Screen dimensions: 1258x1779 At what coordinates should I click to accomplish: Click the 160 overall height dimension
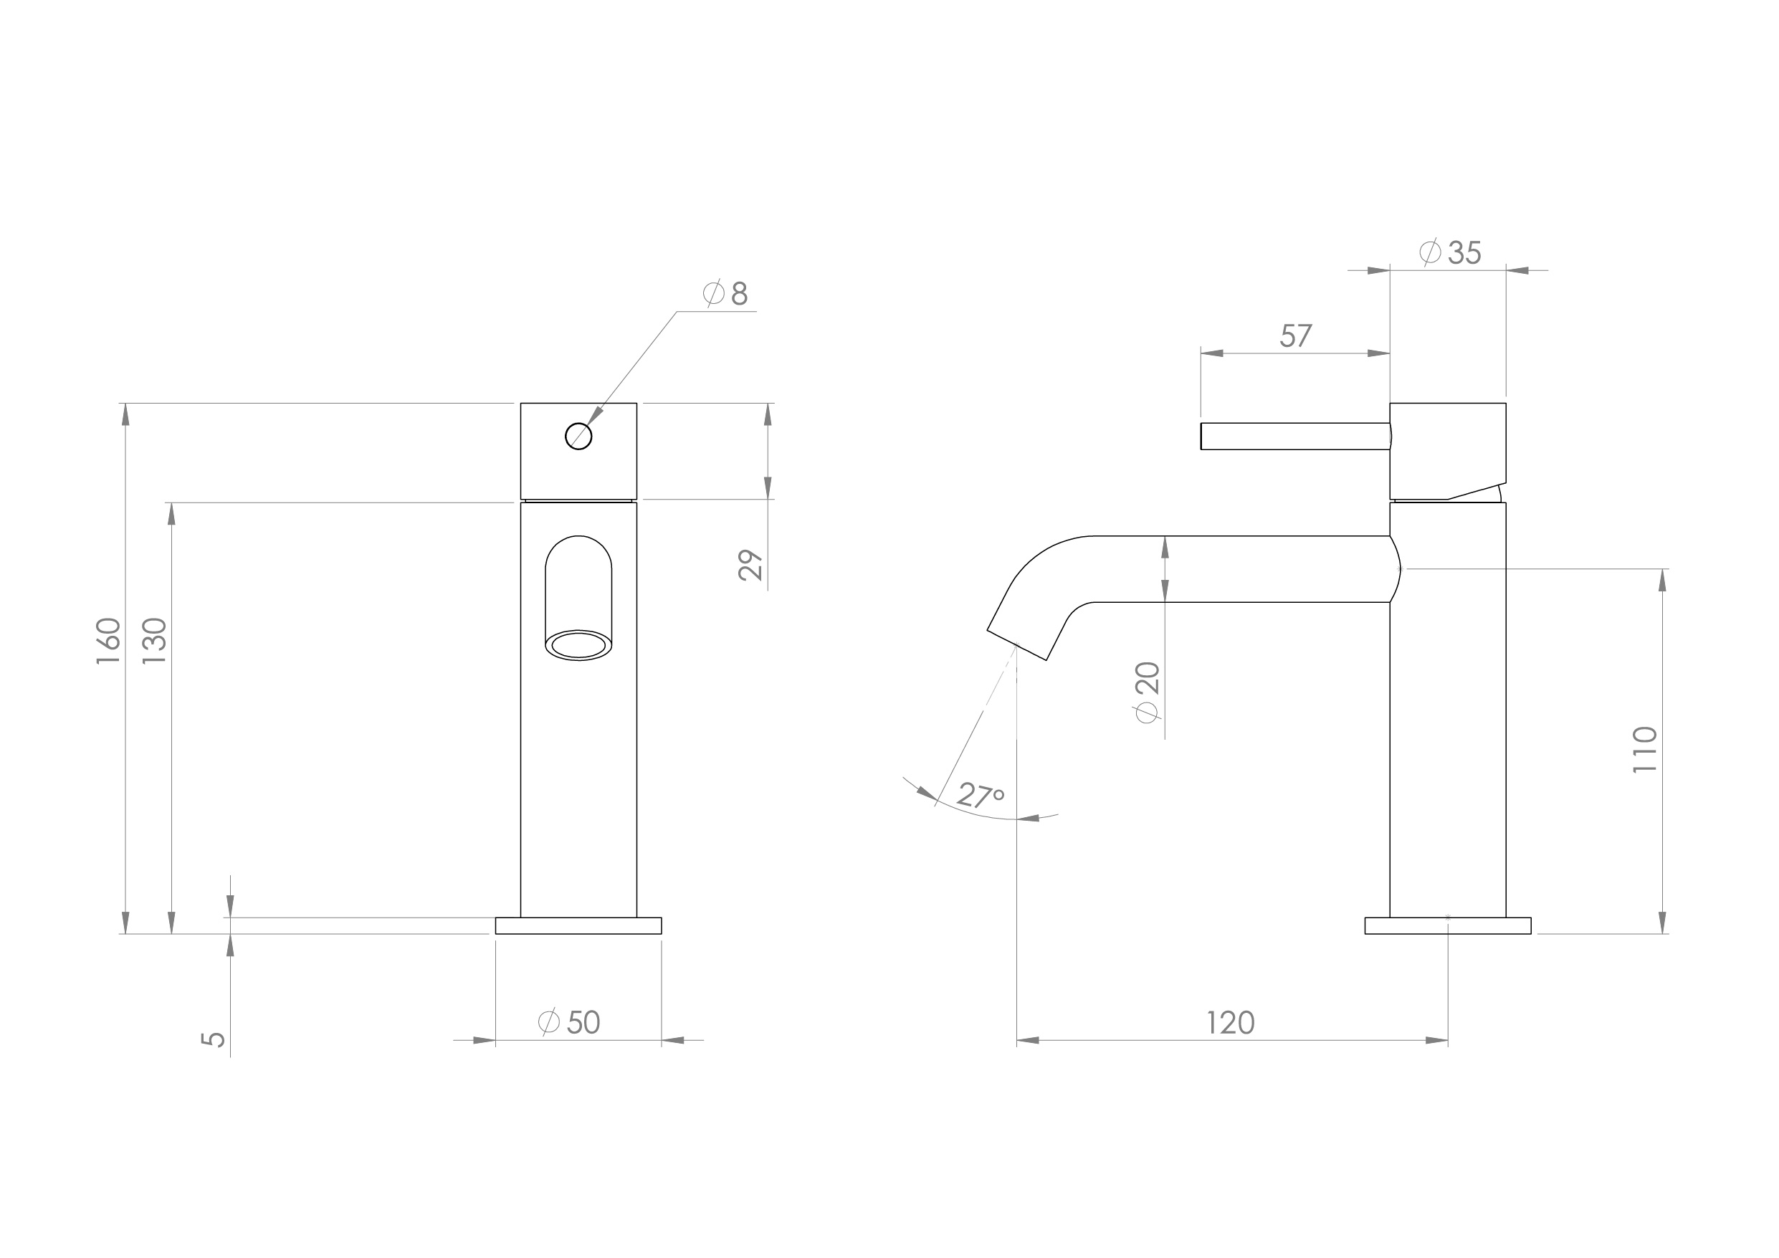point(108,640)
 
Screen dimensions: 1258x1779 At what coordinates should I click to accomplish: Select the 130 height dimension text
point(155,640)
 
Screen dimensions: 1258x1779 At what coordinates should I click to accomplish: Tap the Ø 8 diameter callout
point(725,294)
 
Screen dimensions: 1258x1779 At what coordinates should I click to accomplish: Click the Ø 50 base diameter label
point(570,1022)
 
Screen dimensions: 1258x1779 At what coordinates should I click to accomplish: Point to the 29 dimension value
point(750,565)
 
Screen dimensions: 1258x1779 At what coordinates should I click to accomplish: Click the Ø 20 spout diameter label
point(1148,692)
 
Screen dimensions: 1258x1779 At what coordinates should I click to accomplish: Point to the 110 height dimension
point(1644,750)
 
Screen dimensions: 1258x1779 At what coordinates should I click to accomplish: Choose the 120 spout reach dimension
point(1231,1023)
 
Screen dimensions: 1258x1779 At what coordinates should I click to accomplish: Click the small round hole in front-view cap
point(579,437)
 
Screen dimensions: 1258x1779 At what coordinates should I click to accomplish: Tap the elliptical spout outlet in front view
point(579,645)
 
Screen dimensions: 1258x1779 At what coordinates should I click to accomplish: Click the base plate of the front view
point(579,925)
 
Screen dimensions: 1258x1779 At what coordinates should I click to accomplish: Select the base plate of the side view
point(1447,925)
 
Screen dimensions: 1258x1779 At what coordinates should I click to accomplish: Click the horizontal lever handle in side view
point(1294,437)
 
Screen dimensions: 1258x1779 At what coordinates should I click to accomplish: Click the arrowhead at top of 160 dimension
point(125,415)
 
